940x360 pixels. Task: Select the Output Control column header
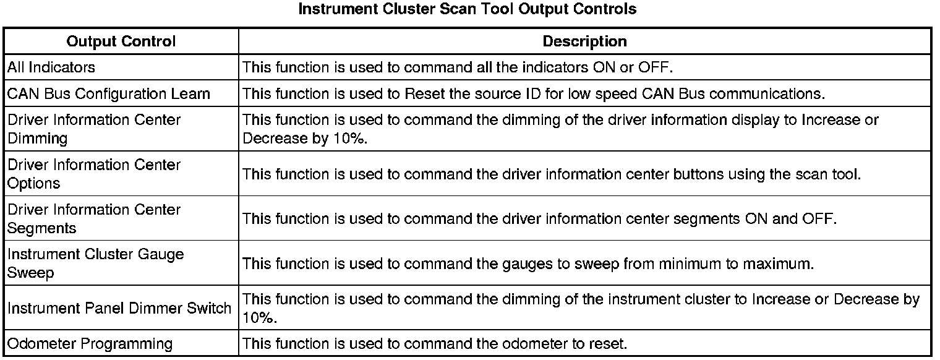click(121, 41)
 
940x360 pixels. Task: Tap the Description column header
click(584, 41)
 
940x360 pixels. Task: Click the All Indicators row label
click(51, 67)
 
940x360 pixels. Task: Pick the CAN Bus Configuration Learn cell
click(109, 94)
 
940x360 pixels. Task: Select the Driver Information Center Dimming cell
click(94, 129)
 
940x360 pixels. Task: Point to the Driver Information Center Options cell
click(94, 174)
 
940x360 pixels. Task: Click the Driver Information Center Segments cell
click(94, 218)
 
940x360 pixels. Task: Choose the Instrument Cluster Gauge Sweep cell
click(96, 264)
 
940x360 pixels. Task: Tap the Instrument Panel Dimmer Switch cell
click(119, 308)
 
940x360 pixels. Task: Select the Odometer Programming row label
click(90, 343)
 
